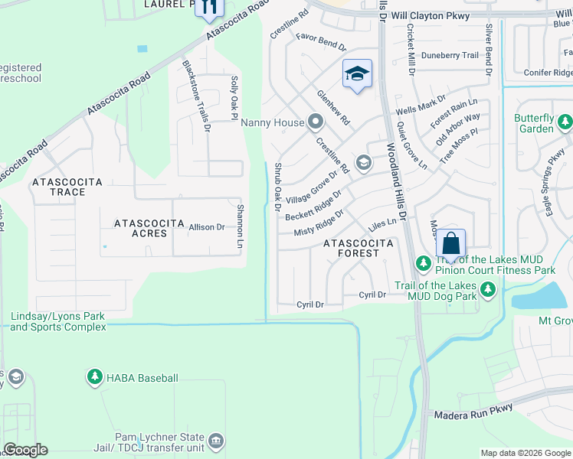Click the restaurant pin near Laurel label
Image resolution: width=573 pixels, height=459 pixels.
pyautogui.click(x=208, y=8)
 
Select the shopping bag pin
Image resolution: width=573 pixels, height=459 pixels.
pyautogui.click(x=451, y=244)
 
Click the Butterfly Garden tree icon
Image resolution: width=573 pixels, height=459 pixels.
pyautogui.click(x=565, y=122)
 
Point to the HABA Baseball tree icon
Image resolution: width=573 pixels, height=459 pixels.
pyautogui.click(x=94, y=377)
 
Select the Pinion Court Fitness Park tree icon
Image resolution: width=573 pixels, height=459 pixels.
pyautogui.click(x=422, y=263)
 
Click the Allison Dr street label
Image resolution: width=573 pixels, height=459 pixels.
pyautogui.click(x=207, y=227)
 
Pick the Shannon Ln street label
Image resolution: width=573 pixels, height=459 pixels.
pyautogui.click(x=240, y=226)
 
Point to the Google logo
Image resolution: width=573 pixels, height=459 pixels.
pyautogui.click(x=25, y=450)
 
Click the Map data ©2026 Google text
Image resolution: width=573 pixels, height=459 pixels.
pyautogui.click(x=525, y=453)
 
